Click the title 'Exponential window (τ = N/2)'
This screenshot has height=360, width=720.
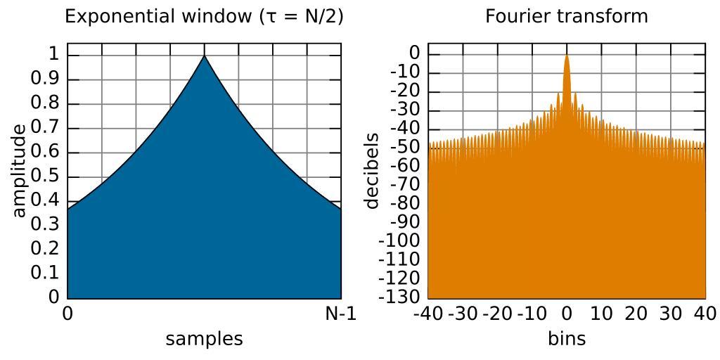tap(204, 16)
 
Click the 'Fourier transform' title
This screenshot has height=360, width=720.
tap(567, 16)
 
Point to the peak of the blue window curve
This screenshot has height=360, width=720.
tap(205, 56)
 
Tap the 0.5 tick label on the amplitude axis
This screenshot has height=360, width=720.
tap(45, 176)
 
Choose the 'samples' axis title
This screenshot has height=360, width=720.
tap(204, 339)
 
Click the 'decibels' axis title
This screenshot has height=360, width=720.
tap(371, 171)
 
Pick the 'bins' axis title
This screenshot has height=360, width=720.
tap(567, 339)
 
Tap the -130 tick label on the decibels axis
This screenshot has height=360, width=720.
tap(400, 297)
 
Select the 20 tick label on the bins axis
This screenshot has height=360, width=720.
tap(636, 314)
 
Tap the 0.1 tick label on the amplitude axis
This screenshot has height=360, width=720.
tap(45, 273)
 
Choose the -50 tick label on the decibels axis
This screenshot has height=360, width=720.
tap(404, 147)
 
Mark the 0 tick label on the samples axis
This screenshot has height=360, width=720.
tap(67, 314)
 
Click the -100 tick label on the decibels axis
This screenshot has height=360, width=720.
tap(400, 240)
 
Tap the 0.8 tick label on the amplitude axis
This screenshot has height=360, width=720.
tap(45, 103)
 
